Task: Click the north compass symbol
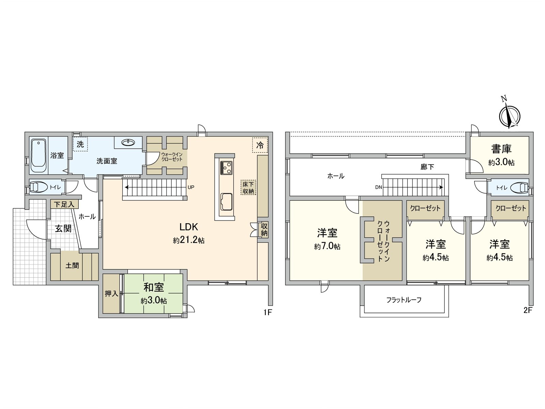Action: pos(510,116)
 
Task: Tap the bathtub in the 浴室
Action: pos(38,155)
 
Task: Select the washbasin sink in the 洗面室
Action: pos(128,142)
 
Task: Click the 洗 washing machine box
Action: pos(80,144)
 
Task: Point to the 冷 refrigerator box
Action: pos(260,145)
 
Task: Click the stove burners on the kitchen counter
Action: pos(226,167)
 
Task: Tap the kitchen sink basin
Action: pos(226,201)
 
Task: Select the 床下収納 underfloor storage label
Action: pos(248,187)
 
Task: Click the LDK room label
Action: pos(189,227)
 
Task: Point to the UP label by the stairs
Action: pos(191,187)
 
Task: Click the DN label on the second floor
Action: pos(378,187)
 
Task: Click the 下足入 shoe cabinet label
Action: pos(64,204)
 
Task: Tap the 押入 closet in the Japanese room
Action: pos(111,293)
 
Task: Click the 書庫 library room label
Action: pos(501,149)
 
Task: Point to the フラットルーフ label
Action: pos(404,300)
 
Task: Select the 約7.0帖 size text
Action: pos(327,246)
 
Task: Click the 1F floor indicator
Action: pos(267,312)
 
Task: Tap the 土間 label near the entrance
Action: pos(72,265)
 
